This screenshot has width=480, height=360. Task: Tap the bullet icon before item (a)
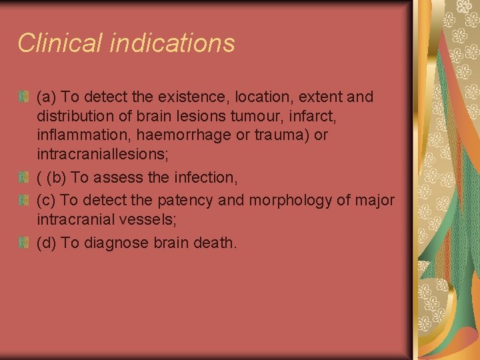[x=24, y=97]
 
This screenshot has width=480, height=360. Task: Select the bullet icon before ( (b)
[x=24, y=177]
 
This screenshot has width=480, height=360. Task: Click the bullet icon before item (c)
[x=24, y=200]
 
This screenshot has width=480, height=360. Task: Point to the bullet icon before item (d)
[x=24, y=243]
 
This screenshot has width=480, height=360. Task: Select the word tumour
[x=255, y=116]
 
